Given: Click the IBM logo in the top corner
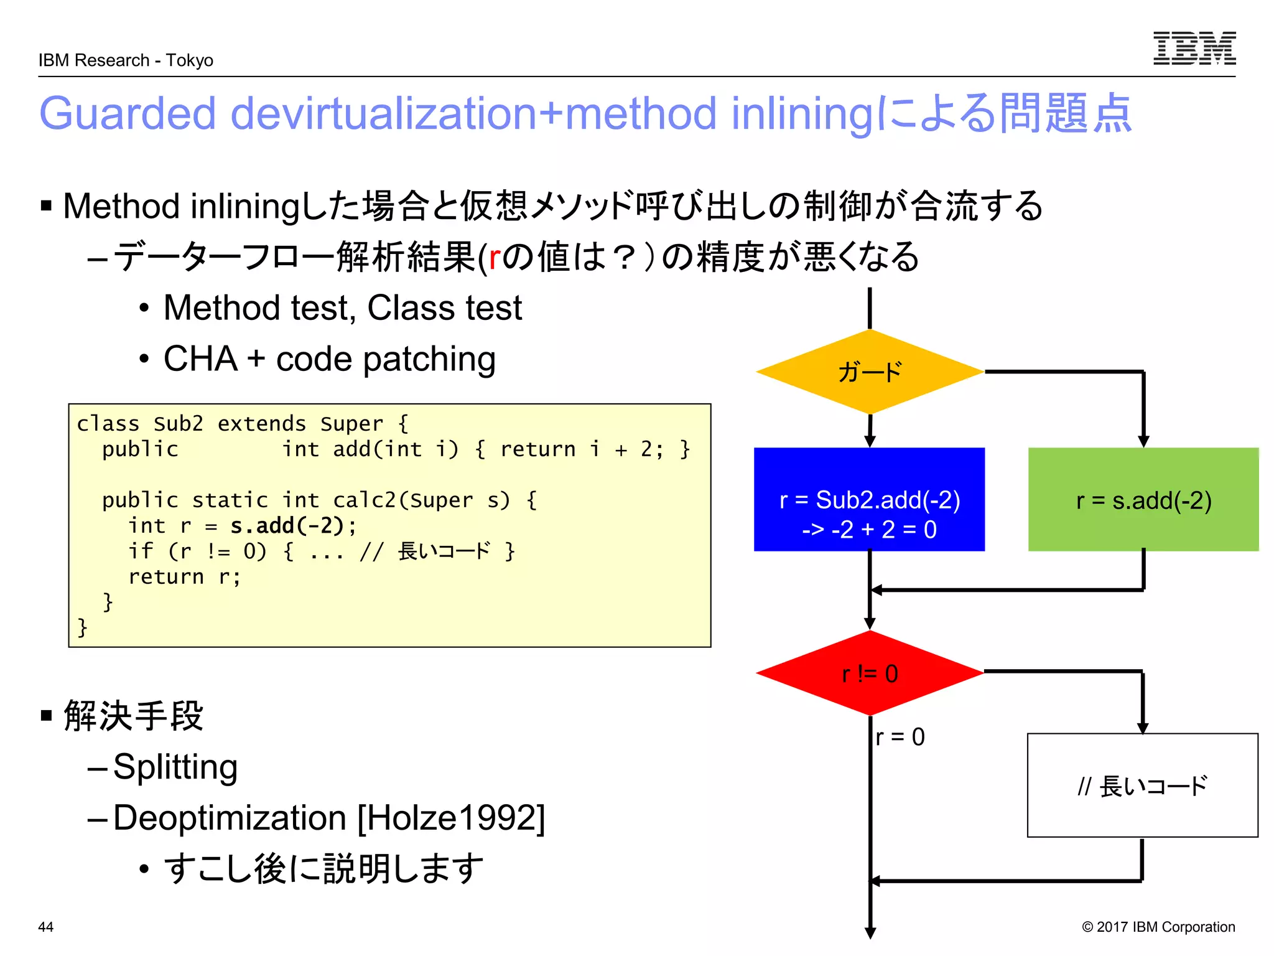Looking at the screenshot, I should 1194,49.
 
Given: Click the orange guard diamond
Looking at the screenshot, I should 869,372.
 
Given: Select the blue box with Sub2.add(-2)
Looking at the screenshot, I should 869,499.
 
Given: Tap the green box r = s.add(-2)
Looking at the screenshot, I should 1143,499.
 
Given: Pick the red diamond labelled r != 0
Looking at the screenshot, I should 869,673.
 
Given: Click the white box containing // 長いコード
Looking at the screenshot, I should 1142,785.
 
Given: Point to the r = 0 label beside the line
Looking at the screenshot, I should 900,737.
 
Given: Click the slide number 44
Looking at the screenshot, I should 46,927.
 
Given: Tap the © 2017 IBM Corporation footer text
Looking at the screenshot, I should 1158,927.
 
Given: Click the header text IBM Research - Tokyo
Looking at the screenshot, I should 126,60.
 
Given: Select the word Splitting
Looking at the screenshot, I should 175,767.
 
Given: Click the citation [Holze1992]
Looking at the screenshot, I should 451,818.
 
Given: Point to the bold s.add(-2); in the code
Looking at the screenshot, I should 293,526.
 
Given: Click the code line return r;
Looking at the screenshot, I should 184,577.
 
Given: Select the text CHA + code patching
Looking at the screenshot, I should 329,359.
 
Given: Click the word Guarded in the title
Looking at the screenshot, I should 128,113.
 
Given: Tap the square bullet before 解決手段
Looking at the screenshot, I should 46,715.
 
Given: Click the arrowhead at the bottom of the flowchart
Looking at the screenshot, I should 870,933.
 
